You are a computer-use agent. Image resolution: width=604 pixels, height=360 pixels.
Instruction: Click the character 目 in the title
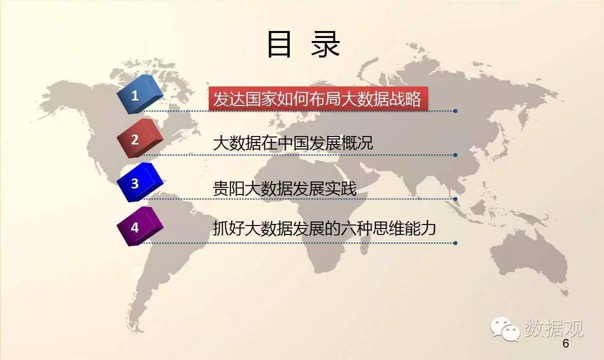point(280,44)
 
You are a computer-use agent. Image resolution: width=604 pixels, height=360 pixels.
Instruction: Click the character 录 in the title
point(325,44)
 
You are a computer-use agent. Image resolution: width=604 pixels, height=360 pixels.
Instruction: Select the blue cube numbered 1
point(140,94)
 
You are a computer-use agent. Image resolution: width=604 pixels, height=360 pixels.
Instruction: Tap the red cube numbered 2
point(140,138)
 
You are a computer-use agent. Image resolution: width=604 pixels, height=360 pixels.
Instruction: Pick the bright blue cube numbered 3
point(140,182)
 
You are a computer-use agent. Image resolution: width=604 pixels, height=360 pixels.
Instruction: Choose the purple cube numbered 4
point(140,226)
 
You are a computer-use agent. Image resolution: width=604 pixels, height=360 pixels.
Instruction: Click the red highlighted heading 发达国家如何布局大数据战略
point(318,98)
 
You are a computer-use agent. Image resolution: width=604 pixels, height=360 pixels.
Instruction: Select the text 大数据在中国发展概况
point(293,142)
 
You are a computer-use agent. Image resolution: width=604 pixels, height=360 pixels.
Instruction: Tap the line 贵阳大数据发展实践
point(285,188)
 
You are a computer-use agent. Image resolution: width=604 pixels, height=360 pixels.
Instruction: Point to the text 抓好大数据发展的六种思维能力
point(324,228)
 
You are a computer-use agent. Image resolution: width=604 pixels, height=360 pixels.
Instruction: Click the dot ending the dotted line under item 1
point(456,111)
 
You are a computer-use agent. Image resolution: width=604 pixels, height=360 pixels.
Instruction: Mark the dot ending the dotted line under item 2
point(456,155)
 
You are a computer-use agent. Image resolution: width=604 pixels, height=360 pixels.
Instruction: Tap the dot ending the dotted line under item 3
point(456,199)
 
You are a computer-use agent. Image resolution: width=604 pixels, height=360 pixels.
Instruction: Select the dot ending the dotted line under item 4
point(456,243)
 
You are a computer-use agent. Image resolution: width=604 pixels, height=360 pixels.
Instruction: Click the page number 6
point(566,343)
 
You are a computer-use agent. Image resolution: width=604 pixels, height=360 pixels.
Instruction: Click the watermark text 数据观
point(554,328)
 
